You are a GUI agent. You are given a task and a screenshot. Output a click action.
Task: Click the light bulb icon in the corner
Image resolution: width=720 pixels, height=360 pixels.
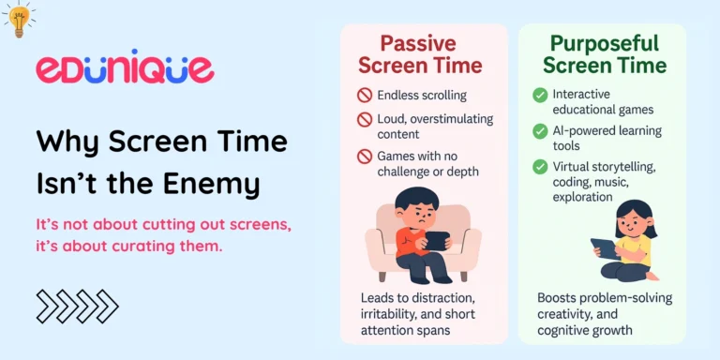coord(18,19)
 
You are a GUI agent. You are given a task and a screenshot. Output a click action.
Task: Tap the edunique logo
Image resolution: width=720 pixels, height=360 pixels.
coord(125,68)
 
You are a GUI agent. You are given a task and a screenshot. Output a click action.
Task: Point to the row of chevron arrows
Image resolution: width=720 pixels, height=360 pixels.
coord(77,306)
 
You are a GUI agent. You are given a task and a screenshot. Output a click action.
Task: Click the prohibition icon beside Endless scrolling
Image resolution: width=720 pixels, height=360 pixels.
coord(365,95)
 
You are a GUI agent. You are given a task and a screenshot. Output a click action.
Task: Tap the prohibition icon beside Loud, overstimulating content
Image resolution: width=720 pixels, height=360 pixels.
coord(365,119)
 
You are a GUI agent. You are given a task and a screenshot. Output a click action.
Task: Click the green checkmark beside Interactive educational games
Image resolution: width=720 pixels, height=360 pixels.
coord(540,95)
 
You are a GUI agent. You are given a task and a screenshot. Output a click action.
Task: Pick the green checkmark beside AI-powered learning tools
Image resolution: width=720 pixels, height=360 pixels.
coord(540,131)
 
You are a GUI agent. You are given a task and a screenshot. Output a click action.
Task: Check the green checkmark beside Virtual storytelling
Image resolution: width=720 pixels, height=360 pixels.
coord(540,167)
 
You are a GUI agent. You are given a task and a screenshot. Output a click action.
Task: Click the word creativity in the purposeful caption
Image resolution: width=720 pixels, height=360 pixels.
coord(565,314)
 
